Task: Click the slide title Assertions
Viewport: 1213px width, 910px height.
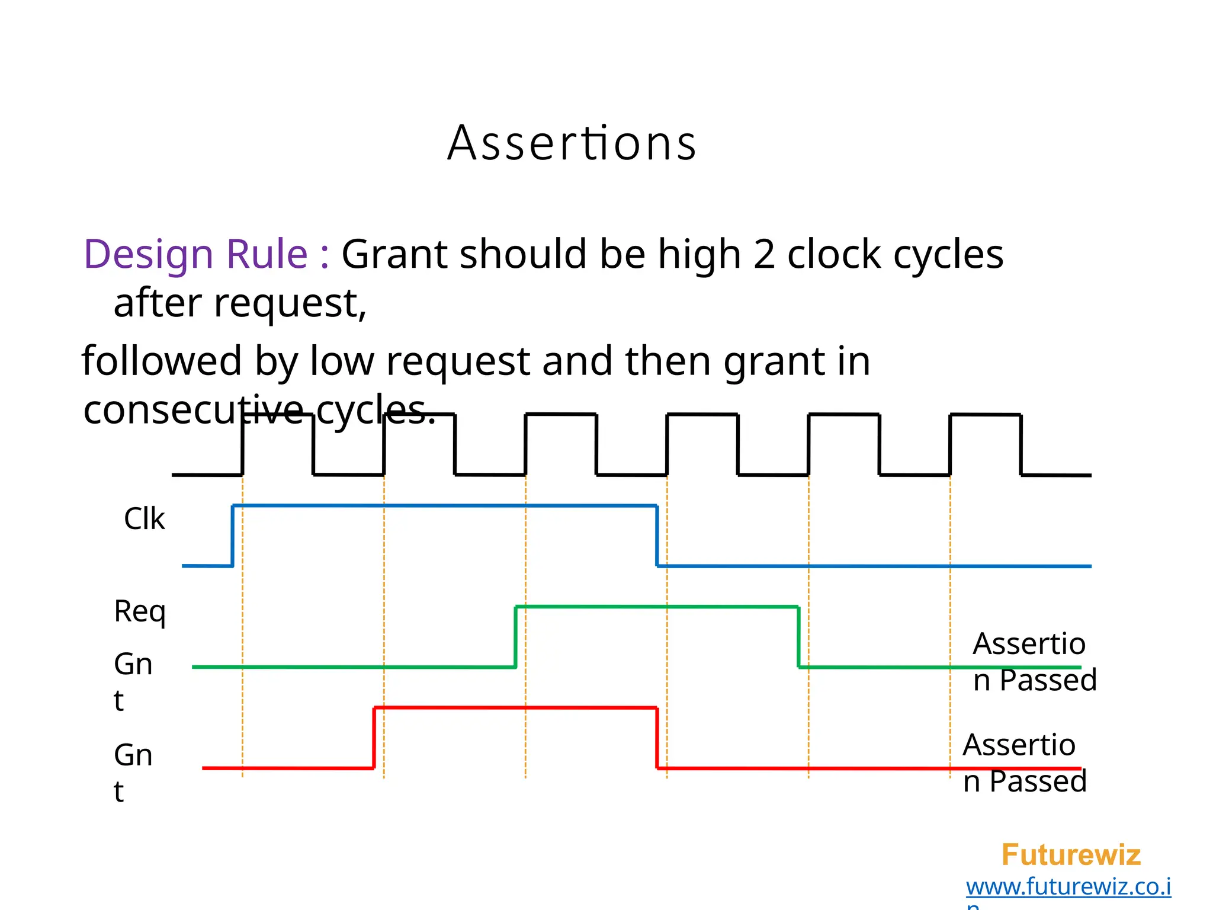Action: (x=572, y=143)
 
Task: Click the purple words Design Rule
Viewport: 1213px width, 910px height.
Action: (x=195, y=255)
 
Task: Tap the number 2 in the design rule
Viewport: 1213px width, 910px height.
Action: (x=764, y=255)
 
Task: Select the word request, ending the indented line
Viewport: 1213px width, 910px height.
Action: (x=290, y=304)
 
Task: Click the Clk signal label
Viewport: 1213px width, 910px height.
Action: (x=144, y=519)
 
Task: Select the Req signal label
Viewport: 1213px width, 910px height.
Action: (x=140, y=611)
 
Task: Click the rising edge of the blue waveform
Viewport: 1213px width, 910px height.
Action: (x=233, y=536)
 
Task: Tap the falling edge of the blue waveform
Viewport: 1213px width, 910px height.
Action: (x=657, y=536)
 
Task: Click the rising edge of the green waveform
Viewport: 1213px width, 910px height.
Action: (x=516, y=637)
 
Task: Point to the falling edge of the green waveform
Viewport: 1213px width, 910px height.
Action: (x=798, y=637)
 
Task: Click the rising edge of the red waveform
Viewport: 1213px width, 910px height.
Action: (x=374, y=738)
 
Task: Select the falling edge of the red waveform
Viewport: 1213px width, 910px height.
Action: (x=657, y=738)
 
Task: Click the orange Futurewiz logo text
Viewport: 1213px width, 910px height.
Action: (x=1071, y=855)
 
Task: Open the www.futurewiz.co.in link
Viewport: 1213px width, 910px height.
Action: (x=1068, y=887)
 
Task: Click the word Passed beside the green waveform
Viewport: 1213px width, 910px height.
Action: (x=1048, y=680)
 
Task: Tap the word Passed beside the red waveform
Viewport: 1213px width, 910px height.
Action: (x=1038, y=781)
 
